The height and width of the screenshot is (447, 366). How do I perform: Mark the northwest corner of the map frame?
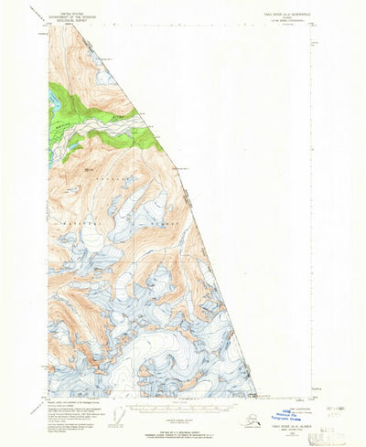pyautogui.click(x=49, y=37)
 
